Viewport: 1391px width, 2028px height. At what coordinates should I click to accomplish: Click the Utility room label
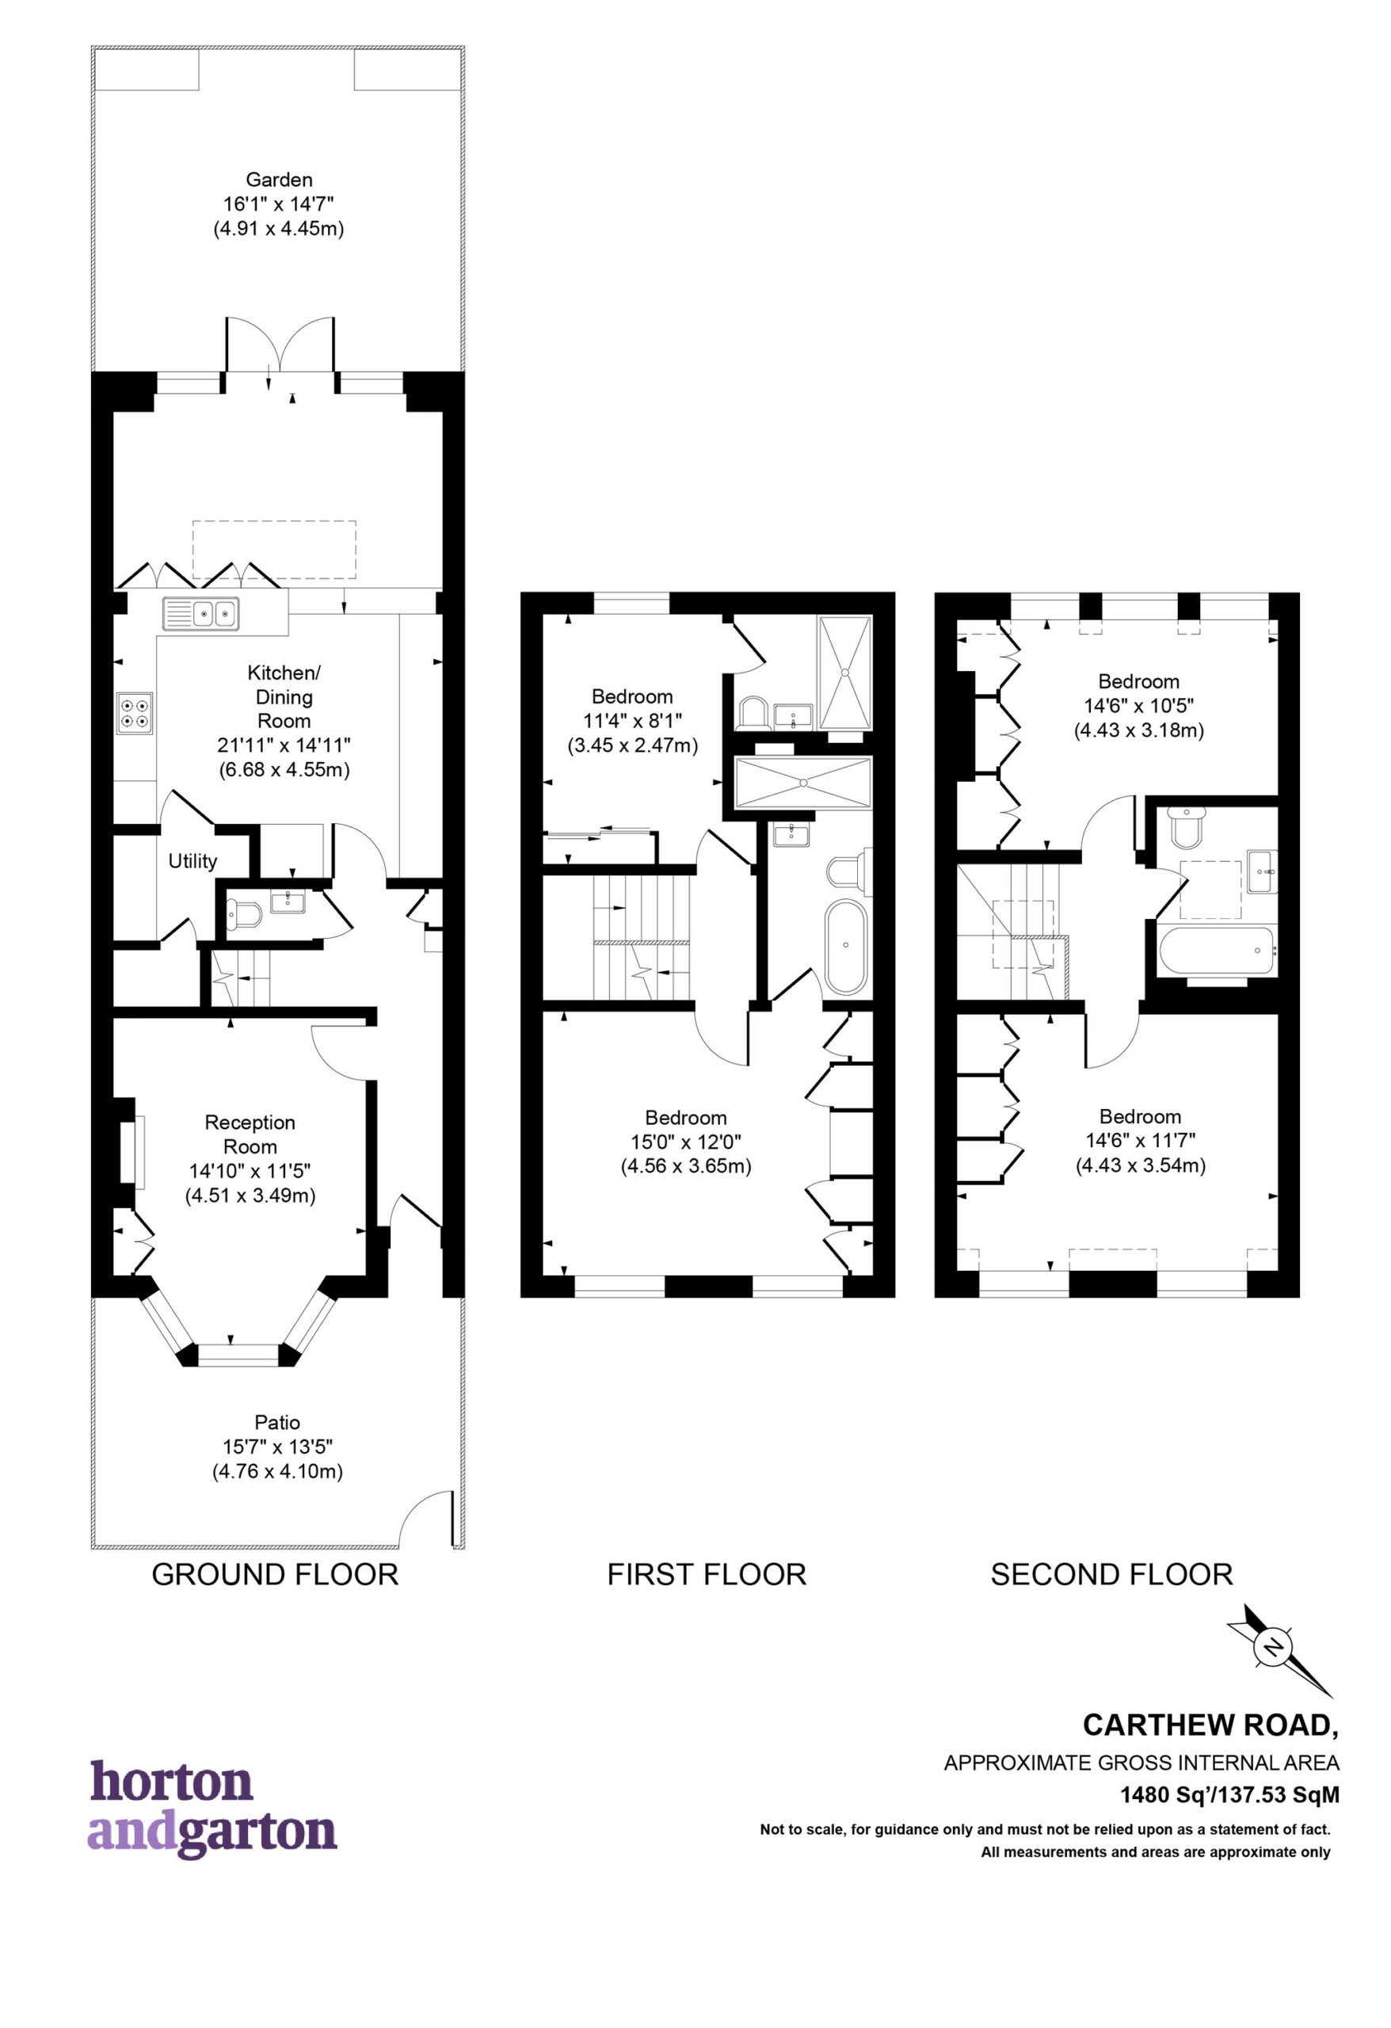(192, 861)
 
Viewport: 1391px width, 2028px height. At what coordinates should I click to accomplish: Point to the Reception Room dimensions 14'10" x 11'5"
(250, 1171)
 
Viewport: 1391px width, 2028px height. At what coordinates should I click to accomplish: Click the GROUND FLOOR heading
(275, 1574)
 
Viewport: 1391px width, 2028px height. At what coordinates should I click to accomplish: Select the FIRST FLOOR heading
(707, 1574)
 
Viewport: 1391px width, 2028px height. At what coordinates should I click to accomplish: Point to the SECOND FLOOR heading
(1111, 1574)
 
